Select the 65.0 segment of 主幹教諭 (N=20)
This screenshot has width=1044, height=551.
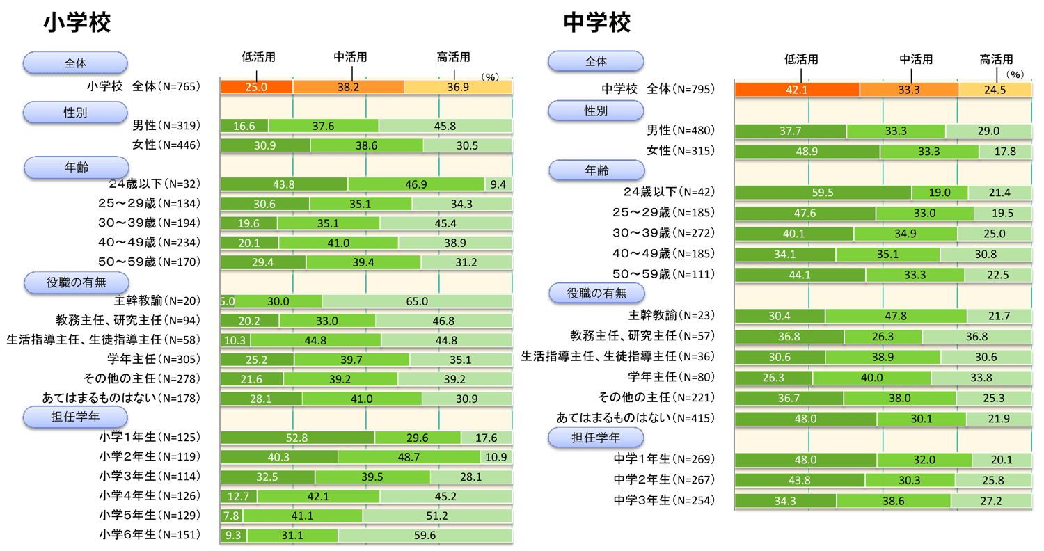click(x=417, y=301)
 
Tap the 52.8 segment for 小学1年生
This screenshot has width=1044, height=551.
click(x=297, y=438)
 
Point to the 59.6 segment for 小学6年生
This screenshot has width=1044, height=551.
click(x=425, y=535)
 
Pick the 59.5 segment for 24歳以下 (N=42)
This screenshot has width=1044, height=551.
click(x=823, y=192)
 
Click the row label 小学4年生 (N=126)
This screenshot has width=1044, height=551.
click(x=149, y=496)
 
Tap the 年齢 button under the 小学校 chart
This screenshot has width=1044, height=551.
click(x=76, y=167)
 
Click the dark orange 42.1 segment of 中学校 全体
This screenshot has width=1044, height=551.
click(x=797, y=90)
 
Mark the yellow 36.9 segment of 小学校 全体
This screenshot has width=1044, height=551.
click(x=458, y=87)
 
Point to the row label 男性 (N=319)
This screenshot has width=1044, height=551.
click(x=166, y=126)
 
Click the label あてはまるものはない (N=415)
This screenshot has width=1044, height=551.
click(x=635, y=418)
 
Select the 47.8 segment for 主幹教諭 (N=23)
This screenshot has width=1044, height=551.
click(x=896, y=315)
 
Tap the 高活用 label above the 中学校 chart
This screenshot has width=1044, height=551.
click(x=996, y=60)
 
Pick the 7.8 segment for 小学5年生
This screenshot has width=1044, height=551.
click(x=231, y=516)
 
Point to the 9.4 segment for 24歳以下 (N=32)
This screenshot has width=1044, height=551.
click(x=498, y=184)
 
